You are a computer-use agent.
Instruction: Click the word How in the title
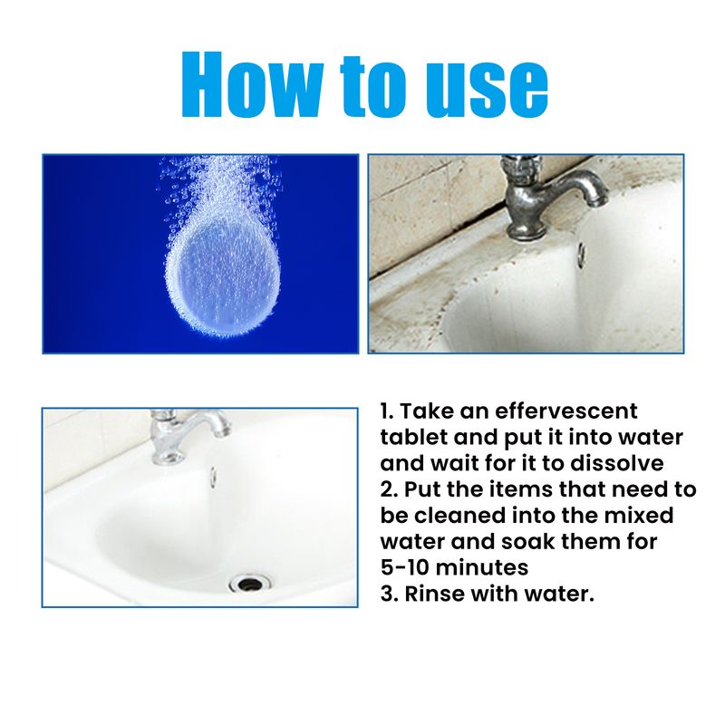255,85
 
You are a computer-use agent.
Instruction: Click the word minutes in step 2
489,569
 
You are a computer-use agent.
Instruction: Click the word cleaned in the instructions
460,517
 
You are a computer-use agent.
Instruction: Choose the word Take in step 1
430,411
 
